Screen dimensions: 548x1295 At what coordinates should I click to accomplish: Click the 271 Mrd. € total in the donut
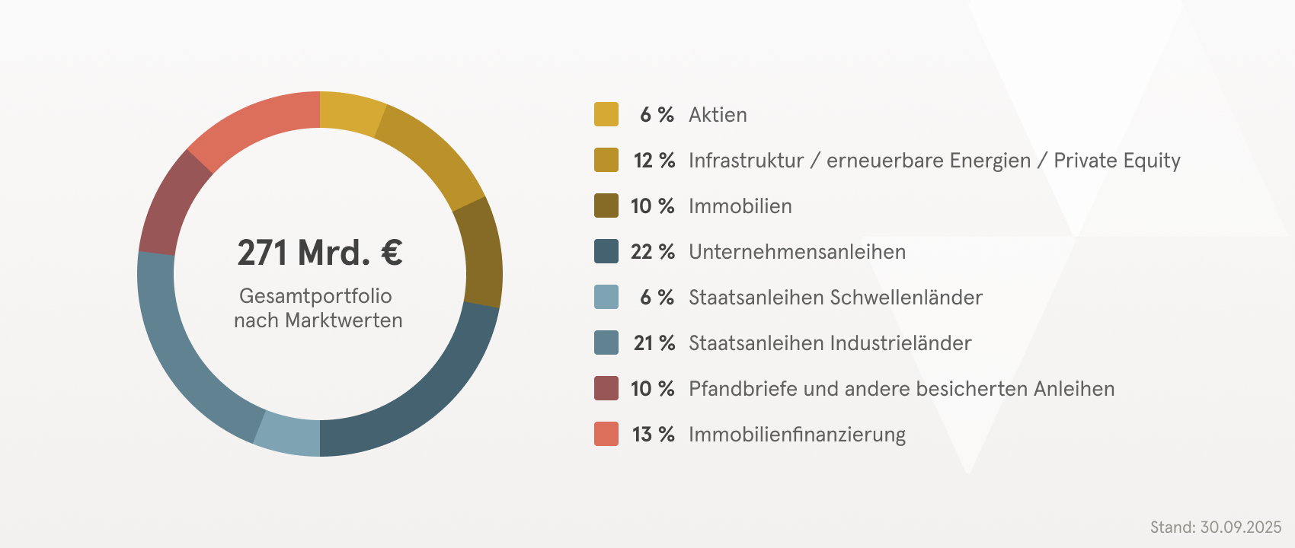(319, 253)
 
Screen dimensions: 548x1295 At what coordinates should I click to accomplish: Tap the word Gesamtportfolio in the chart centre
(315, 296)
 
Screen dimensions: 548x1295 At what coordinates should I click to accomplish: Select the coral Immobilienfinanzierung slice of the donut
(251, 123)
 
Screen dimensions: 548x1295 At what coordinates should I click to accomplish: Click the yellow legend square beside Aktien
(606, 114)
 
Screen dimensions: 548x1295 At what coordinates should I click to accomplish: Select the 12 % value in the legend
(654, 161)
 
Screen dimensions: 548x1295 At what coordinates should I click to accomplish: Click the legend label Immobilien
(740, 206)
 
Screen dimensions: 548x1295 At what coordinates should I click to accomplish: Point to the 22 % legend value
(652, 252)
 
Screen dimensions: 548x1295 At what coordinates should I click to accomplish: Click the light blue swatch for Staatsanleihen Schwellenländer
(606, 297)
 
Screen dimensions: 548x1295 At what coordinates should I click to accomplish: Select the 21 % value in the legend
(654, 343)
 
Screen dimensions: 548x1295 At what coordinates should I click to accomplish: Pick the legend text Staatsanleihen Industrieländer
(830, 343)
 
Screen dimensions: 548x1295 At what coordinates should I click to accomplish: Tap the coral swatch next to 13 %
(606, 434)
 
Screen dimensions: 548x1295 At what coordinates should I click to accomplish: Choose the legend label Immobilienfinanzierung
(797, 435)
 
